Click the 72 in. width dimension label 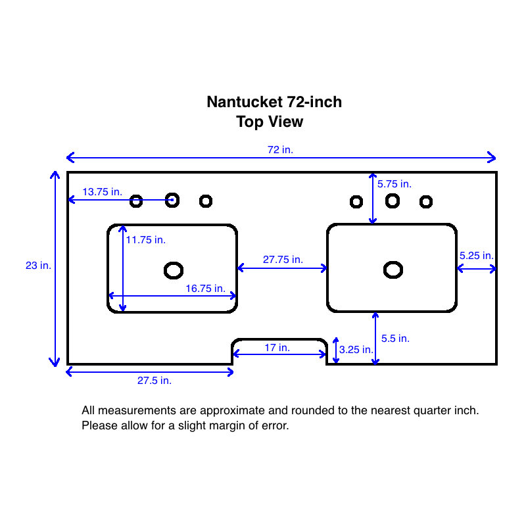coord(280,150)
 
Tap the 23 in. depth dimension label coord(38,266)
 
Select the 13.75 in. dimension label coord(102,192)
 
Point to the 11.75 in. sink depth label coord(145,240)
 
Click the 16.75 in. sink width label coord(205,288)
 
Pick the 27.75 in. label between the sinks coord(283,260)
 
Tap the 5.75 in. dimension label coord(394,184)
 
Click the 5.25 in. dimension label coord(477,255)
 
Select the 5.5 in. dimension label coord(395,339)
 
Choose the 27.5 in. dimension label coord(155,380)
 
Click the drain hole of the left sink coord(174,270)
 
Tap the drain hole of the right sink coord(393,269)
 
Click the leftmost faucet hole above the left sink coord(136,201)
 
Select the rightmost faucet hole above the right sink coord(426,201)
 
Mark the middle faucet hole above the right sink coord(393,201)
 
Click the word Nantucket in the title coord(245,103)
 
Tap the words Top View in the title coord(270,122)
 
